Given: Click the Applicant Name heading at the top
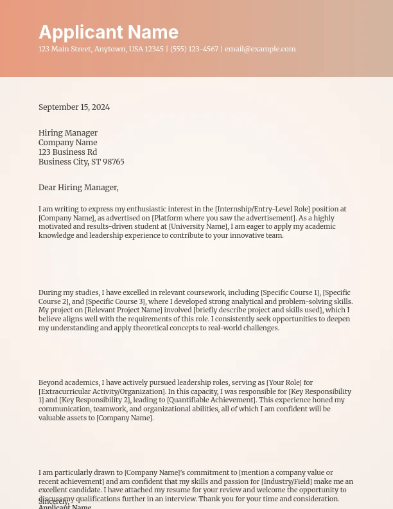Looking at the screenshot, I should point(109,32).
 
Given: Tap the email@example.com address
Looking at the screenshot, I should point(260,49).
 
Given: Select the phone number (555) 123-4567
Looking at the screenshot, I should point(194,49).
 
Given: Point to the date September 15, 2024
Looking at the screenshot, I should point(74,107).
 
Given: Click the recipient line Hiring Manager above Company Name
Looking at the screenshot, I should point(68,133).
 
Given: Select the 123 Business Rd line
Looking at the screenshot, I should point(67,152).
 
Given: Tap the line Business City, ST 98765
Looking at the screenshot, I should point(82,162).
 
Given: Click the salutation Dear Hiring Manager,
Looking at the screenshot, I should point(78,188).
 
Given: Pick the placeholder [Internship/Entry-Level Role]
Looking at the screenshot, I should point(262,209).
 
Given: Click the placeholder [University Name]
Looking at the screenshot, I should point(198,226).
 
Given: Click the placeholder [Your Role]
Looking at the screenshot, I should point(280,382).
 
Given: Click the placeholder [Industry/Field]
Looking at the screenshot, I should point(284,481).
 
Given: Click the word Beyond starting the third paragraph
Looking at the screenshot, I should point(50,382).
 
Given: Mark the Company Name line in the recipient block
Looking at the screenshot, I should point(67,143).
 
